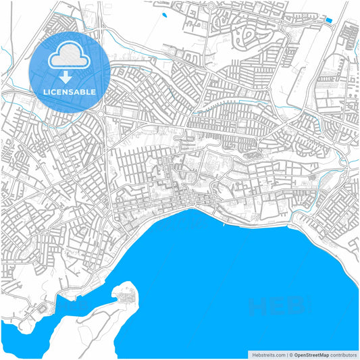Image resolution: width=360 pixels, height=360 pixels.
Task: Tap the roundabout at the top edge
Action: coord(211,6)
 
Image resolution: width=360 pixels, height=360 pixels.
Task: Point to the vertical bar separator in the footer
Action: coord(286,354)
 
